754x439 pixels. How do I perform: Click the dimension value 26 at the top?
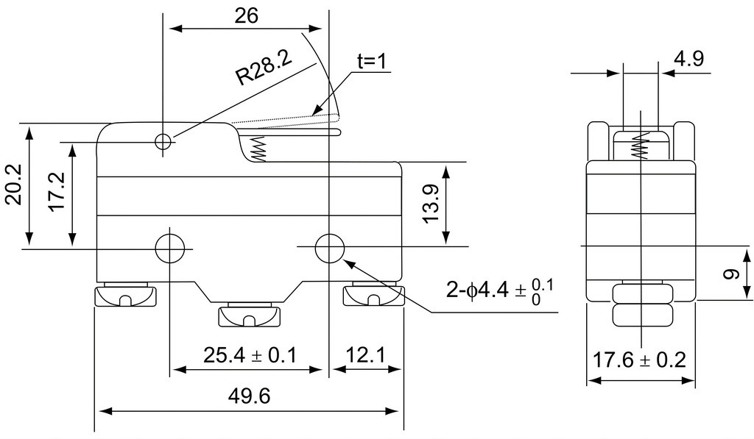(246, 15)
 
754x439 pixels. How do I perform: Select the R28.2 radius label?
(264, 68)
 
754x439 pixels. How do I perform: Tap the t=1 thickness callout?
(372, 61)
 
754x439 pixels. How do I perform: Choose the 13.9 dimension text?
(431, 204)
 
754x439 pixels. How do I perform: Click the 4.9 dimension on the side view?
(689, 59)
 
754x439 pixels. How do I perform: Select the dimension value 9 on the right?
(731, 274)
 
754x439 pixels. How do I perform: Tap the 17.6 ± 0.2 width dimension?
(638, 360)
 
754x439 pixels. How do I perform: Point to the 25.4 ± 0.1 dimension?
(250, 355)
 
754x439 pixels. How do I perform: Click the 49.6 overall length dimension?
(249, 396)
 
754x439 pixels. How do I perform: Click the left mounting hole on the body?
(170, 249)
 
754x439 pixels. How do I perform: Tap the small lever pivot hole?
(163, 141)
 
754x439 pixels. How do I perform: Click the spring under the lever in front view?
(258, 149)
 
